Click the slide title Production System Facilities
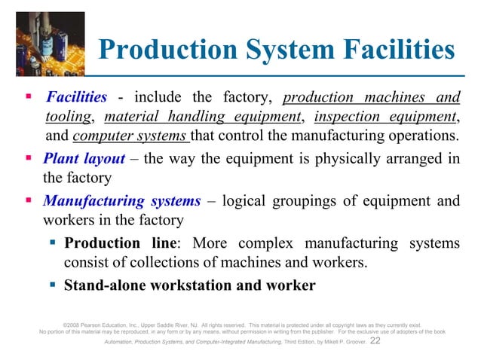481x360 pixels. tap(277, 50)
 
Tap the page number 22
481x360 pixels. tap(376, 340)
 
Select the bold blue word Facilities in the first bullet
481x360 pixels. tap(77, 98)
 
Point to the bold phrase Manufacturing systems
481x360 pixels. tap(122, 201)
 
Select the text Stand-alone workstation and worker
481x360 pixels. tap(190, 285)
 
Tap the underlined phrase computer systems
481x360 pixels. tap(131, 136)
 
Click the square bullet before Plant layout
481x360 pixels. tap(28, 160)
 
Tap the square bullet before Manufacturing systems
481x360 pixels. tap(28, 201)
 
